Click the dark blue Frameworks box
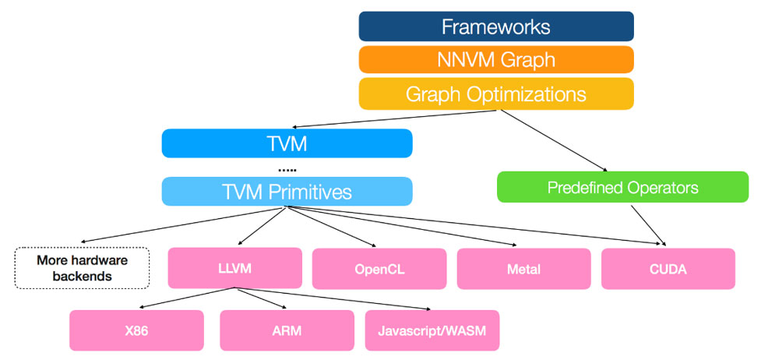tap(495, 26)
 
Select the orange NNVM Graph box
tap(495, 60)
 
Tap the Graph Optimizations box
tap(495, 94)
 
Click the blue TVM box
tap(287, 143)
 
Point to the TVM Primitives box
tap(287, 191)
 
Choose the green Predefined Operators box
tap(622, 187)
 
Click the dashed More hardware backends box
tap(82, 268)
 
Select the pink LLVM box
tap(234, 269)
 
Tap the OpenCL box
tap(379, 269)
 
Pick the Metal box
tap(523, 269)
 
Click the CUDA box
tap(668, 269)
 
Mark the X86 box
tap(136, 330)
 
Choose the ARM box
tap(287, 330)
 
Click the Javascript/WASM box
tap(432, 330)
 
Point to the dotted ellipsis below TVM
tap(287, 168)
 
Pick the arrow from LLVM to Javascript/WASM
tap(335, 298)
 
